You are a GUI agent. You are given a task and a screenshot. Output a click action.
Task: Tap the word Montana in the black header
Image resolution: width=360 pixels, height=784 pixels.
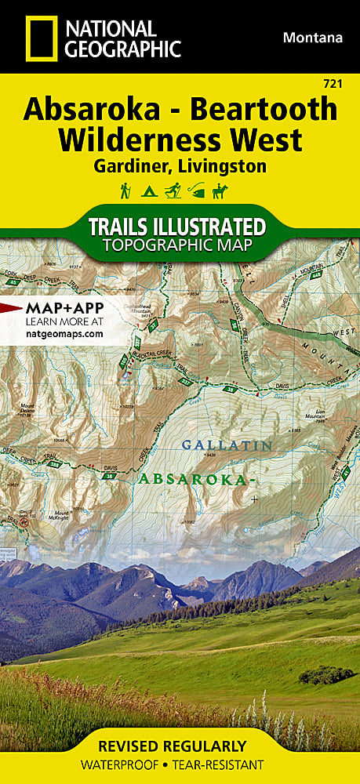pyautogui.click(x=313, y=37)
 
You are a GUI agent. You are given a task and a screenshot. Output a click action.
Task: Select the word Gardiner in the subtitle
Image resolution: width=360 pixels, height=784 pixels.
pyautogui.click(x=132, y=165)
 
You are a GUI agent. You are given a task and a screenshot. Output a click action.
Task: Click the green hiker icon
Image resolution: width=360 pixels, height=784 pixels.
pyautogui.click(x=125, y=191)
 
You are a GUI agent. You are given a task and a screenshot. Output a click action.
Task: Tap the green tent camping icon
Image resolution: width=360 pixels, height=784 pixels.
pyautogui.click(x=147, y=191)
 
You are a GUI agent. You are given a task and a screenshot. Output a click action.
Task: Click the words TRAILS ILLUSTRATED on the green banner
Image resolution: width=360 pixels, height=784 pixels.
pyautogui.click(x=176, y=227)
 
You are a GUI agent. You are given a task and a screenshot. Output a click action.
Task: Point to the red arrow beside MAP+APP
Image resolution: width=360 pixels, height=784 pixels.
pyautogui.click(x=11, y=307)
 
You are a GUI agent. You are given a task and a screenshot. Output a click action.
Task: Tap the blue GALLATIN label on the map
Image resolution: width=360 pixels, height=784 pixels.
pyautogui.click(x=226, y=445)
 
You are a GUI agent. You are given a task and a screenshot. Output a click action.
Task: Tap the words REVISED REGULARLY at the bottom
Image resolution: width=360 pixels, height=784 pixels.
pyautogui.click(x=180, y=746)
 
